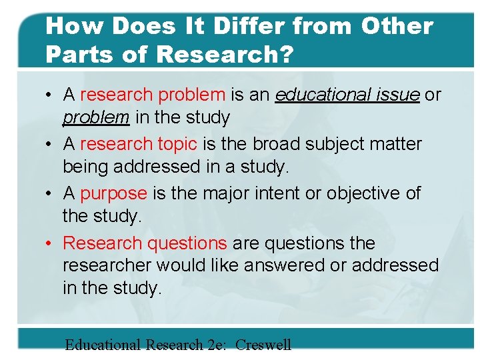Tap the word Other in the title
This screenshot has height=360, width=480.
tap(397, 26)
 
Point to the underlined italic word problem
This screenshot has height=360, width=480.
tap(96, 118)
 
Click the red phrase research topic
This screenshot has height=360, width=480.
tap(139, 144)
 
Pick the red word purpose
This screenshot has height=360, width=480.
tap(113, 193)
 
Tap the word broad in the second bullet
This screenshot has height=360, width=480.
tap(295, 144)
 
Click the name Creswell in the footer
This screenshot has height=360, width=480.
tap(263, 345)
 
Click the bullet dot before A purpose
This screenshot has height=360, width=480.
tap(51, 194)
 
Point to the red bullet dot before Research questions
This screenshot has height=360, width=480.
tap(51, 244)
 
